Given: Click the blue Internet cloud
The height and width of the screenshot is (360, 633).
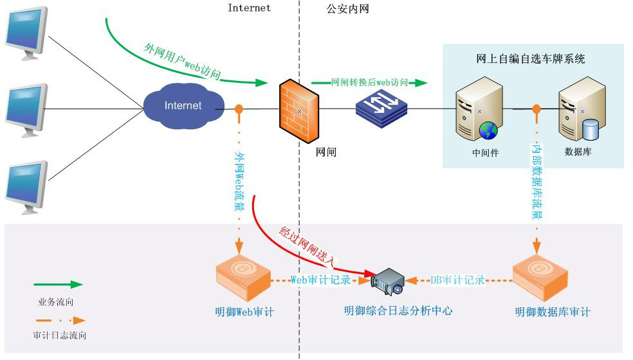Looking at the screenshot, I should click(183, 105).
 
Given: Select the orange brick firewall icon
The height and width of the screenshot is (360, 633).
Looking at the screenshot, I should click(298, 113).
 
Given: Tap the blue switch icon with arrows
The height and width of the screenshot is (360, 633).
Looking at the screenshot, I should click(382, 105).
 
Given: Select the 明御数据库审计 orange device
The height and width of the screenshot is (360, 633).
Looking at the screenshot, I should click(540, 278).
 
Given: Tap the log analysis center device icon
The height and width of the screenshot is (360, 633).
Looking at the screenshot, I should click(390, 283).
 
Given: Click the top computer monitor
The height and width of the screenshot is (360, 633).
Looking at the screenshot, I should click(26, 32).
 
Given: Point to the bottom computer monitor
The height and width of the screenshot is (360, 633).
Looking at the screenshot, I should click(26, 186).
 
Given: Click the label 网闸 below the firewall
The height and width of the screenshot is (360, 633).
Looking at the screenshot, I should click(326, 152).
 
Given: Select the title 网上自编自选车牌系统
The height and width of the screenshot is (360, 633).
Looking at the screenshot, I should click(531, 59).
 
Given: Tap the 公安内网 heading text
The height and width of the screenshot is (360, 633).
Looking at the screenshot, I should click(347, 9).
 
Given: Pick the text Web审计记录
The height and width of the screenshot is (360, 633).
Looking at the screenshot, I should click(321, 280).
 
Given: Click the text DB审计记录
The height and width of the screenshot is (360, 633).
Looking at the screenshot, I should click(457, 280).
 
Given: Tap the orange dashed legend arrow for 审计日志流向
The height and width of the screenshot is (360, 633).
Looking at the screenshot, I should click(59, 319).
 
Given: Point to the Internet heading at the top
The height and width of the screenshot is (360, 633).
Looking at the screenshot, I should click(249, 8).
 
